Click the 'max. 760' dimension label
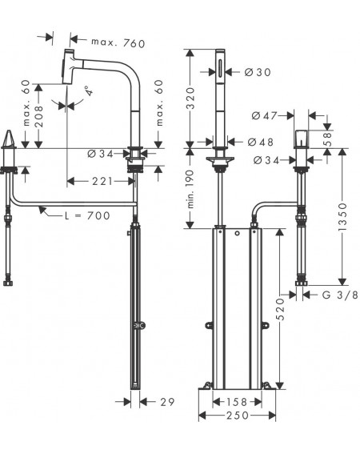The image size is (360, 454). [118, 43]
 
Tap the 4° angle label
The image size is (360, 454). [89, 90]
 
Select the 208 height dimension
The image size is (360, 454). [38, 116]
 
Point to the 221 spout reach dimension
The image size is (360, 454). [102, 181]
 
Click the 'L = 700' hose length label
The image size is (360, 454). [87, 215]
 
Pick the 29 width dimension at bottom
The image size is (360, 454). [167, 402]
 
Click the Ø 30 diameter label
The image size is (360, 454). [258, 72]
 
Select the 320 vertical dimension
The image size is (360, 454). [190, 98]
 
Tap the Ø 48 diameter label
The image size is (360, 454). [261, 142]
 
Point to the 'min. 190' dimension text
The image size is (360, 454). [190, 189]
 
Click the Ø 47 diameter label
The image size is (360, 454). [264, 116]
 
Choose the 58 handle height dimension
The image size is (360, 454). [327, 139]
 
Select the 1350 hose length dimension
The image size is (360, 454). [342, 216]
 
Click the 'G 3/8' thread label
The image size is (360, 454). [340, 295]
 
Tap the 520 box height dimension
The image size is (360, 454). [280, 309]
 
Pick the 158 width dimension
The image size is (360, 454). [237, 402]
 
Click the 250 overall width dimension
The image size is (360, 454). [238, 416]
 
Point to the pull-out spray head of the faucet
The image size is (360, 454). [69, 66]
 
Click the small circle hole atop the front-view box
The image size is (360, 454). [238, 233]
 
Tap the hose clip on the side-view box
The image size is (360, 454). [139, 326]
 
